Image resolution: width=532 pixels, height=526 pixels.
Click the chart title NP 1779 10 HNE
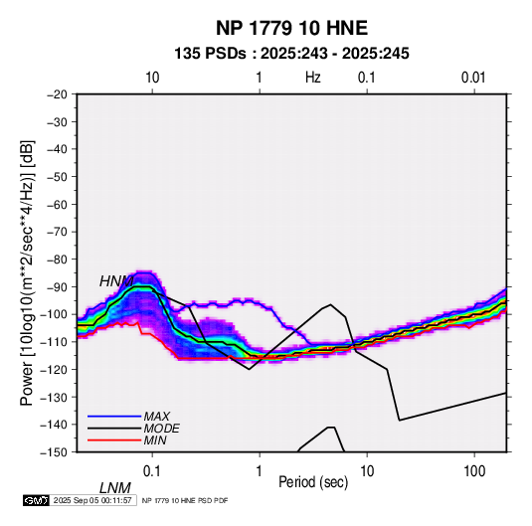coord(291,28)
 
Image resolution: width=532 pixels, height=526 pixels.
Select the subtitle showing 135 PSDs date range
coord(291,54)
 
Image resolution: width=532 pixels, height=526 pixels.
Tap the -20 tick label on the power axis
coord(57,94)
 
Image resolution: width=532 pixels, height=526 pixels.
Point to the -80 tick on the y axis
coord(57,260)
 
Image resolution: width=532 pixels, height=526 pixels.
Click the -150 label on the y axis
coord(54,452)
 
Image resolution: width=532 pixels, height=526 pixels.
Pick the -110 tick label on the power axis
coord(54,342)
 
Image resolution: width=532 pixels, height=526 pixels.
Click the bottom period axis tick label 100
coord(474,471)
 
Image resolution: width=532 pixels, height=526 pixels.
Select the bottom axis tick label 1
coord(260,471)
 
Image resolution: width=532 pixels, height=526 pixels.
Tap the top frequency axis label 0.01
coord(473,78)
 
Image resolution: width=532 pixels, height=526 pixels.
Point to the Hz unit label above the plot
coord(313,78)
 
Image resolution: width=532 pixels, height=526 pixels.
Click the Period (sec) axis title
coord(313,482)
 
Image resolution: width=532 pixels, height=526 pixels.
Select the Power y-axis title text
coord(27,272)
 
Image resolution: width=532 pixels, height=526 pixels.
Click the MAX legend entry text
coord(157,417)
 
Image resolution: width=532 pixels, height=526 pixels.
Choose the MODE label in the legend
coord(161,429)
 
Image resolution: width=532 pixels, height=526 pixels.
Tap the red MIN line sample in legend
coord(114,440)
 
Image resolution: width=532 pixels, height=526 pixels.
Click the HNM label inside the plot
coord(116,281)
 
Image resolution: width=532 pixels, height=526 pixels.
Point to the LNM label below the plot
coord(114,488)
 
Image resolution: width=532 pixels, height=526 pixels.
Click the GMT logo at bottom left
coord(37,500)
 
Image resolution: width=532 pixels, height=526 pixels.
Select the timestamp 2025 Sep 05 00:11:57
coord(92,500)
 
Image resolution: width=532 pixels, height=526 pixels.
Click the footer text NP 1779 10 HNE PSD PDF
coord(185,501)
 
